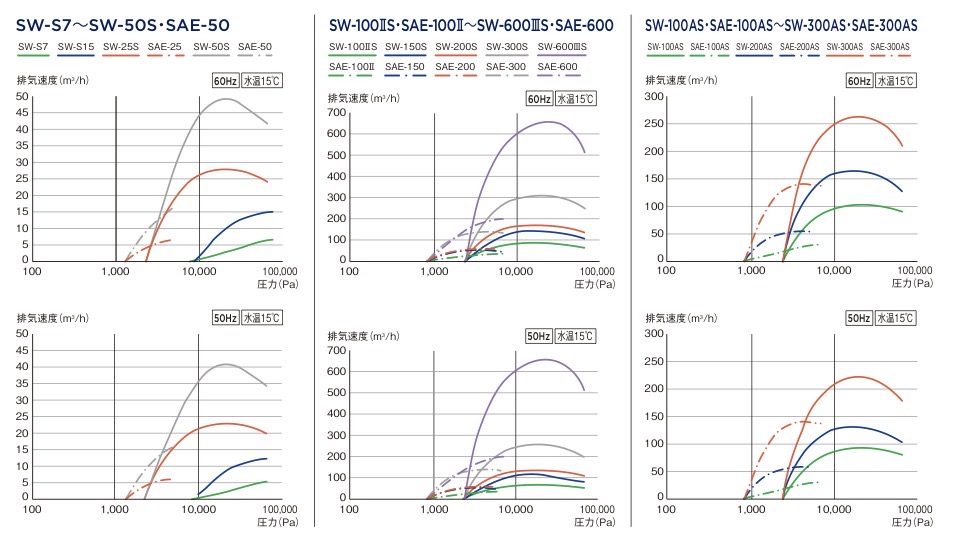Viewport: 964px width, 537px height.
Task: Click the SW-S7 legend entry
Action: [34, 47]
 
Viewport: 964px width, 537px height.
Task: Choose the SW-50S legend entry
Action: [212, 47]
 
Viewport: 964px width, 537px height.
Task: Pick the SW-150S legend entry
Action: [405, 47]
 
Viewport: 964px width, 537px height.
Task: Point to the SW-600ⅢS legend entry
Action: [562, 47]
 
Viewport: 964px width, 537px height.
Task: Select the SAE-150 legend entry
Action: [405, 67]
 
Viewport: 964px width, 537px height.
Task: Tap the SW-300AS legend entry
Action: [846, 47]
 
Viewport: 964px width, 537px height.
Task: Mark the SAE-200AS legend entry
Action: [800, 47]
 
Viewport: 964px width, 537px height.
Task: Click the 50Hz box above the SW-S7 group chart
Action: [226, 318]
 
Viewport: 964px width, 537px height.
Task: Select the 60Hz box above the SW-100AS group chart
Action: [859, 81]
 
